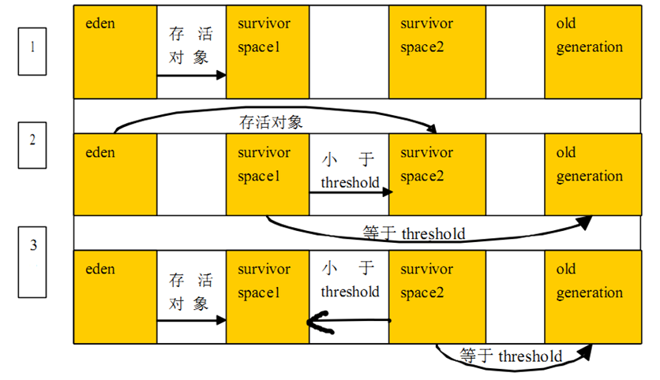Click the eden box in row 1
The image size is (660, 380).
click(115, 52)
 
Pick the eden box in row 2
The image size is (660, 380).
click(115, 174)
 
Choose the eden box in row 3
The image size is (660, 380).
click(115, 296)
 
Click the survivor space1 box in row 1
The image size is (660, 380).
click(268, 52)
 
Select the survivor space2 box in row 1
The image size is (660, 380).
click(437, 52)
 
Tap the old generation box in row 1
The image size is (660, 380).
click(591, 52)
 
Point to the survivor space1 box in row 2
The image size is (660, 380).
click(268, 174)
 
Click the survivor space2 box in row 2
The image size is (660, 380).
click(437, 174)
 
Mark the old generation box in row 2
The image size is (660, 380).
click(591, 174)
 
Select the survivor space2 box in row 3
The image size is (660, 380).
click(437, 296)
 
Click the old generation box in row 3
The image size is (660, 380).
click(591, 296)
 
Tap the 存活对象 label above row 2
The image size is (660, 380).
click(271, 123)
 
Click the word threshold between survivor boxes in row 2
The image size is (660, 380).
click(350, 183)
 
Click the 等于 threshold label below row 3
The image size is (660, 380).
click(511, 356)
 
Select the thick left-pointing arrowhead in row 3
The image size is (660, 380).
click(317, 321)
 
